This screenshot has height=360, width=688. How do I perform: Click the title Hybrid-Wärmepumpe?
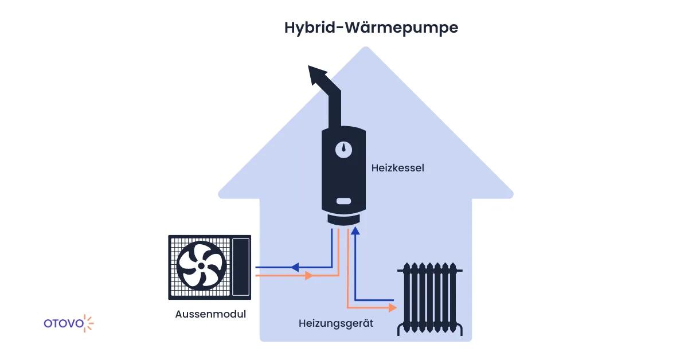click(371, 28)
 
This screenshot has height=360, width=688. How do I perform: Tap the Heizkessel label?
click(397, 169)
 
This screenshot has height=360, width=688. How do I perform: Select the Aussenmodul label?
click(210, 314)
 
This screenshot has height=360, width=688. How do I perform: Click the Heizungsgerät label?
click(336, 323)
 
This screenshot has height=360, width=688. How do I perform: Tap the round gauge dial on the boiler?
click(344, 149)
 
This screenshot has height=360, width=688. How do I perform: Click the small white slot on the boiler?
click(344, 201)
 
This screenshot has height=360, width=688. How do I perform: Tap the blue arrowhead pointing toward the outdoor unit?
click(295, 267)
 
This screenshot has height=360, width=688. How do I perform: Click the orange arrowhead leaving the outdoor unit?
click(308, 276)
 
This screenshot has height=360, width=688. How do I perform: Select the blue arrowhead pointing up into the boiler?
click(355, 231)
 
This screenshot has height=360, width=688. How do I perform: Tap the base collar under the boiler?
click(344, 220)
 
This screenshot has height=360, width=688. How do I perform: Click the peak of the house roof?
click(365, 50)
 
